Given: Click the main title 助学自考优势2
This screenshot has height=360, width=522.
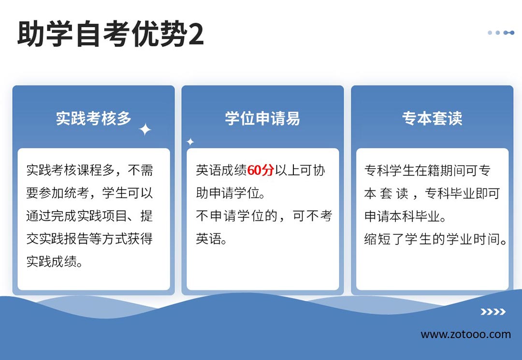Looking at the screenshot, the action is point(110,34).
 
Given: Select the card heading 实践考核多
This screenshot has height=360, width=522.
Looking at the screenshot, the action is point(94,118).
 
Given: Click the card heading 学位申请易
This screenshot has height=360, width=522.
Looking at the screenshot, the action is point(262,118).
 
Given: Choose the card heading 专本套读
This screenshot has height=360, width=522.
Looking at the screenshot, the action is point(432,118).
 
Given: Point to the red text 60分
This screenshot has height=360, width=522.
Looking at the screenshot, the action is point(261,171).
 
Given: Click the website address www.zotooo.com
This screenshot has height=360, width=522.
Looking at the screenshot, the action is point(466,334).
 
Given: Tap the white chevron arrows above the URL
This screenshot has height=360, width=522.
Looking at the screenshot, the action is point(493,312).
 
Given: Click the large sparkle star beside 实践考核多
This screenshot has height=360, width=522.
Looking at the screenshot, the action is point(145,130).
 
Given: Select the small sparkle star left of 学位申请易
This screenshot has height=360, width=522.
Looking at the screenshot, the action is point(190,142).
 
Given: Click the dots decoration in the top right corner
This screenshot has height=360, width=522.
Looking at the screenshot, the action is point(501,32).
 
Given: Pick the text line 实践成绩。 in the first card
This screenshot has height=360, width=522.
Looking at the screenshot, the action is point(55,261).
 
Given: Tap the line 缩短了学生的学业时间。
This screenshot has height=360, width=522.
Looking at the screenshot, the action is point(435,239).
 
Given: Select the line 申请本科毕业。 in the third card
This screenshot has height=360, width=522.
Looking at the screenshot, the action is point(405,216).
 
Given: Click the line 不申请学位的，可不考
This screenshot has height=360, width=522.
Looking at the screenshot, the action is point(264,216).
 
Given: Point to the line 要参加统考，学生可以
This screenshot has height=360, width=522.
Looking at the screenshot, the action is point(89,193).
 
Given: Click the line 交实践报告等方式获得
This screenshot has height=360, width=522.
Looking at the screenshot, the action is point(89,239).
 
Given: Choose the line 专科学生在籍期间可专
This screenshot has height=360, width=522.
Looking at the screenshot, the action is point(427,171).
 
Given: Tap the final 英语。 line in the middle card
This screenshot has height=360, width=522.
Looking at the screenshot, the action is point(211,239).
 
